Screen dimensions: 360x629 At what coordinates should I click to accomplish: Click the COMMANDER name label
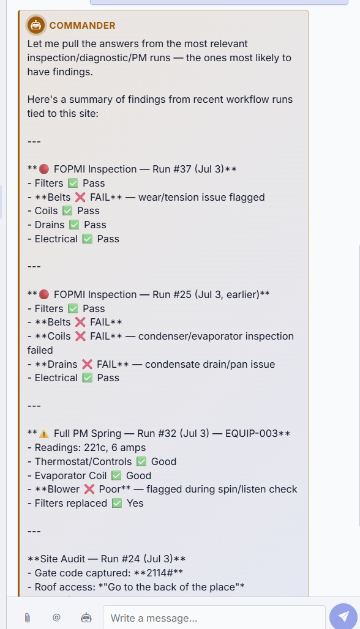click(x=82, y=25)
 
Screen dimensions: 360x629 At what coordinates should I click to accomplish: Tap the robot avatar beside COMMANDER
click(x=36, y=25)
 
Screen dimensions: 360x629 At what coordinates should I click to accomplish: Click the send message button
click(x=343, y=617)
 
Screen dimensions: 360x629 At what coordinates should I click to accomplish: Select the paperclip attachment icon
click(x=28, y=617)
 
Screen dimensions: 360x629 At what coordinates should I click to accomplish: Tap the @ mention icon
click(x=56, y=617)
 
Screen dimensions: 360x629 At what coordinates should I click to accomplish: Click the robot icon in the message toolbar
click(x=86, y=617)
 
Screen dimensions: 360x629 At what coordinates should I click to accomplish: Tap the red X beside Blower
click(x=89, y=489)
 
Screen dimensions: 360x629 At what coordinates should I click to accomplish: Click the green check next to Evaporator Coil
click(x=116, y=476)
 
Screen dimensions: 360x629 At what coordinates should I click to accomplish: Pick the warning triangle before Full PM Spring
click(x=44, y=434)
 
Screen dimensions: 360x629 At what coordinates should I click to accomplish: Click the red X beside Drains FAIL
click(x=87, y=364)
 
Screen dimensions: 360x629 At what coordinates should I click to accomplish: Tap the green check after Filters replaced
click(x=117, y=504)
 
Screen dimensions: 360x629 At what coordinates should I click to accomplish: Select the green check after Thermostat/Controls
click(x=141, y=462)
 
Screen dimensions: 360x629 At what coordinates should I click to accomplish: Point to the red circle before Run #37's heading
click(x=44, y=169)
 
